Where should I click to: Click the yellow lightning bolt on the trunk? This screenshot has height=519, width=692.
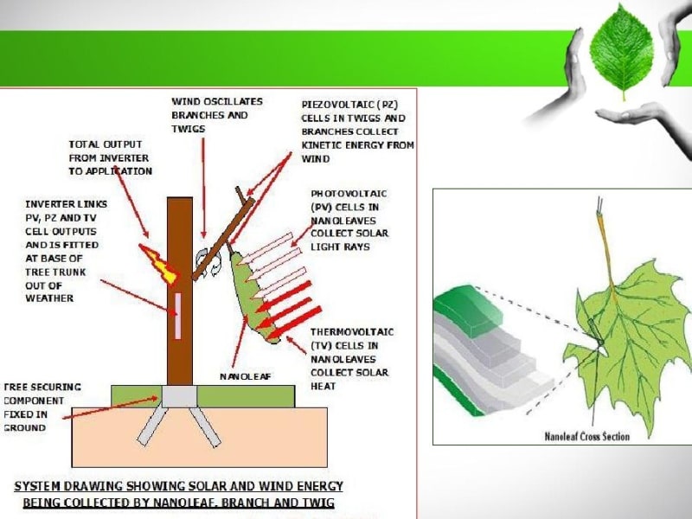[163, 265]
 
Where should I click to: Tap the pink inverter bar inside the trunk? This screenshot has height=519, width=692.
[179, 315]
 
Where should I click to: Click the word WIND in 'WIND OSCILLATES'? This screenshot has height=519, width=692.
[188, 102]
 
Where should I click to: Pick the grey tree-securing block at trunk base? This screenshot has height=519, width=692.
[178, 397]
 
